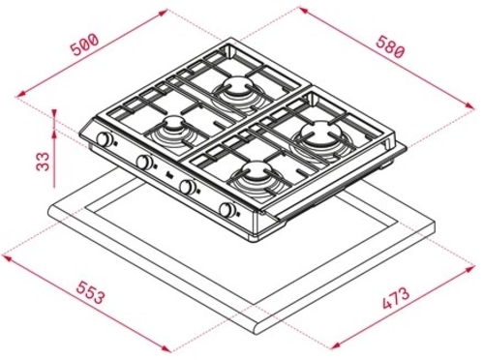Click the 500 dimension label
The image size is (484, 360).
(x=86, y=45)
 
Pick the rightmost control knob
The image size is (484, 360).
(x=227, y=210)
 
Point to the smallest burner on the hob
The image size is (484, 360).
(x=174, y=127)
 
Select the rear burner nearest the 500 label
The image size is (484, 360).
(x=237, y=92)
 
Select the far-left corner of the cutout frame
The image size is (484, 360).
(x=48, y=208)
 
